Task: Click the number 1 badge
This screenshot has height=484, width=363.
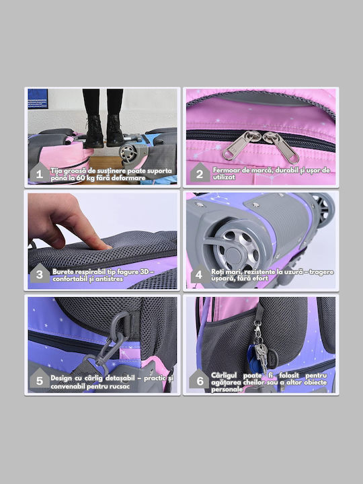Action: [40, 173]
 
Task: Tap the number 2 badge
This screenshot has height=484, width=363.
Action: [200, 173]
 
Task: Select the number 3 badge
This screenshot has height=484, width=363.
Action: [40, 274]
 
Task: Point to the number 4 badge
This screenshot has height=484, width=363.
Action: [200, 274]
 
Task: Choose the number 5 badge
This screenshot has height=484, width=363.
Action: [40, 379]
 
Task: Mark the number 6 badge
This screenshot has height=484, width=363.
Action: [200, 379]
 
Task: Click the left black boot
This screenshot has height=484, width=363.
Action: [94, 132]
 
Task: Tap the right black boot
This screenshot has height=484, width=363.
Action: [115, 131]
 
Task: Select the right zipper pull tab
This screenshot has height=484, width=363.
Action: [282, 147]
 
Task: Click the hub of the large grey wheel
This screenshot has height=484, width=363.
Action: [234, 255]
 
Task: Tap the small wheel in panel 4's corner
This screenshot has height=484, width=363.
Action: [323, 210]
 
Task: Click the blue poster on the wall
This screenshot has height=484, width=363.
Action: [38, 99]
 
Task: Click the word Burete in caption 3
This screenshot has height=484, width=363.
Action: [63, 272]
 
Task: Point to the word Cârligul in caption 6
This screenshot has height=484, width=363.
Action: [224, 376]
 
